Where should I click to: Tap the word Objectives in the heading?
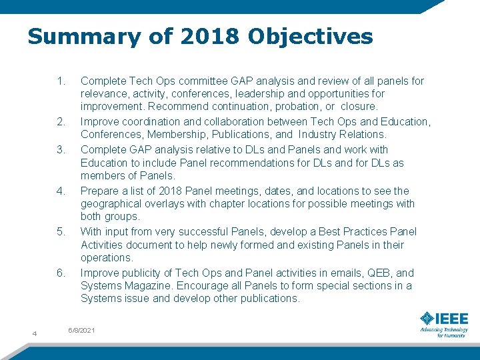point(310,36)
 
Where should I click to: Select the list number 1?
point(61,81)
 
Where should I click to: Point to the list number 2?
point(61,122)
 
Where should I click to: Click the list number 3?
point(61,149)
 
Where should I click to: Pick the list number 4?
point(61,191)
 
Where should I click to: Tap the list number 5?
point(61,231)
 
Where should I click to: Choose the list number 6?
point(61,273)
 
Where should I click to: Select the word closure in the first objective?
point(359,107)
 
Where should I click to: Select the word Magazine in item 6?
point(147,286)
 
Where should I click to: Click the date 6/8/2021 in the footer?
point(82,331)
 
